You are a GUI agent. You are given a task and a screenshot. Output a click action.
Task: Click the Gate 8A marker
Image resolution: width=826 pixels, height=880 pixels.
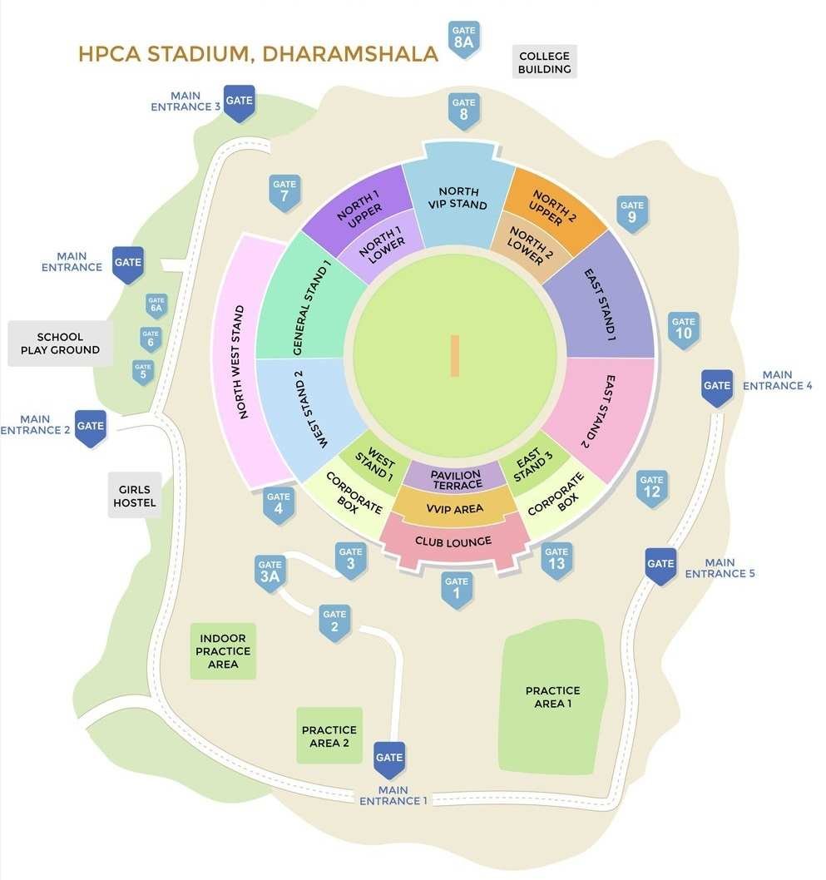(x=464, y=38)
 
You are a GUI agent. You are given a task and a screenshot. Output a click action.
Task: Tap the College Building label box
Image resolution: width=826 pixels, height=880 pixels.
(x=544, y=62)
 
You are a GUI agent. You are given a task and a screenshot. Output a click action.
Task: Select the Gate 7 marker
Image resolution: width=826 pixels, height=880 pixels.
(x=284, y=191)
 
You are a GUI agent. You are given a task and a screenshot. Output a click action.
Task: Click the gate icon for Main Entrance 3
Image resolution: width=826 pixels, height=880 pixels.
(x=240, y=101)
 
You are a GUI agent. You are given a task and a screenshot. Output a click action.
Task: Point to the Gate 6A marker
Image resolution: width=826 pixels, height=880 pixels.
(x=156, y=304)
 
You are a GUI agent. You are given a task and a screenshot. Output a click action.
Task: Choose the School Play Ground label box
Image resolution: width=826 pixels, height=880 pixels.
(x=60, y=344)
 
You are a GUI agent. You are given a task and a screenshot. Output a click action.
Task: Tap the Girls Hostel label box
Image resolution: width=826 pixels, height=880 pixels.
(x=135, y=496)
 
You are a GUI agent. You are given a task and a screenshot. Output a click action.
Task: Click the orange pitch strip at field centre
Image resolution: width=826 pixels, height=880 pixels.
(x=454, y=355)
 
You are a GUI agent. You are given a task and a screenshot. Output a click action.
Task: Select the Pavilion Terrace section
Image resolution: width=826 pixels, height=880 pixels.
(x=455, y=479)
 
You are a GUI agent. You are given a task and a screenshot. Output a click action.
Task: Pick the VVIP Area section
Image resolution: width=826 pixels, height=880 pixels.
(x=455, y=508)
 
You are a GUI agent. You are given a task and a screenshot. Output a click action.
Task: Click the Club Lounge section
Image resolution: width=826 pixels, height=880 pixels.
(x=453, y=541)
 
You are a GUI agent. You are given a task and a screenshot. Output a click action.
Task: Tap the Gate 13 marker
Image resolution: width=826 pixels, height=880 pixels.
(x=556, y=559)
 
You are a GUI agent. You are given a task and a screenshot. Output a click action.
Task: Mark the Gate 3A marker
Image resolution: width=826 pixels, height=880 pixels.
(x=270, y=572)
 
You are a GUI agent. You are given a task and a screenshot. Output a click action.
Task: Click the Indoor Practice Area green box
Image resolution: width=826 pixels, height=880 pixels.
(x=223, y=651)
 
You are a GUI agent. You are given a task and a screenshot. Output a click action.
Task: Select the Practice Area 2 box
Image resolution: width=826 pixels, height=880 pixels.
(x=329, y=736)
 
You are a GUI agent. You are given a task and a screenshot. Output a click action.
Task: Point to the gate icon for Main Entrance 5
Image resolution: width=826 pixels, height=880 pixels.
(x=660, y=565)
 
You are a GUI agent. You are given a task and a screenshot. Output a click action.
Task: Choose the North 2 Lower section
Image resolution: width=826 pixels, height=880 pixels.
(x=526, y=244)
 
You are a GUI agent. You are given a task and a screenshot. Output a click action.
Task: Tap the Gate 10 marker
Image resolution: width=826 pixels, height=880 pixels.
(x=683, y=329)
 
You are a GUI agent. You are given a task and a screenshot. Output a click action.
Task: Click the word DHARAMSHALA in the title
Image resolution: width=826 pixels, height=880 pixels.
(x=349, y=54)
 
